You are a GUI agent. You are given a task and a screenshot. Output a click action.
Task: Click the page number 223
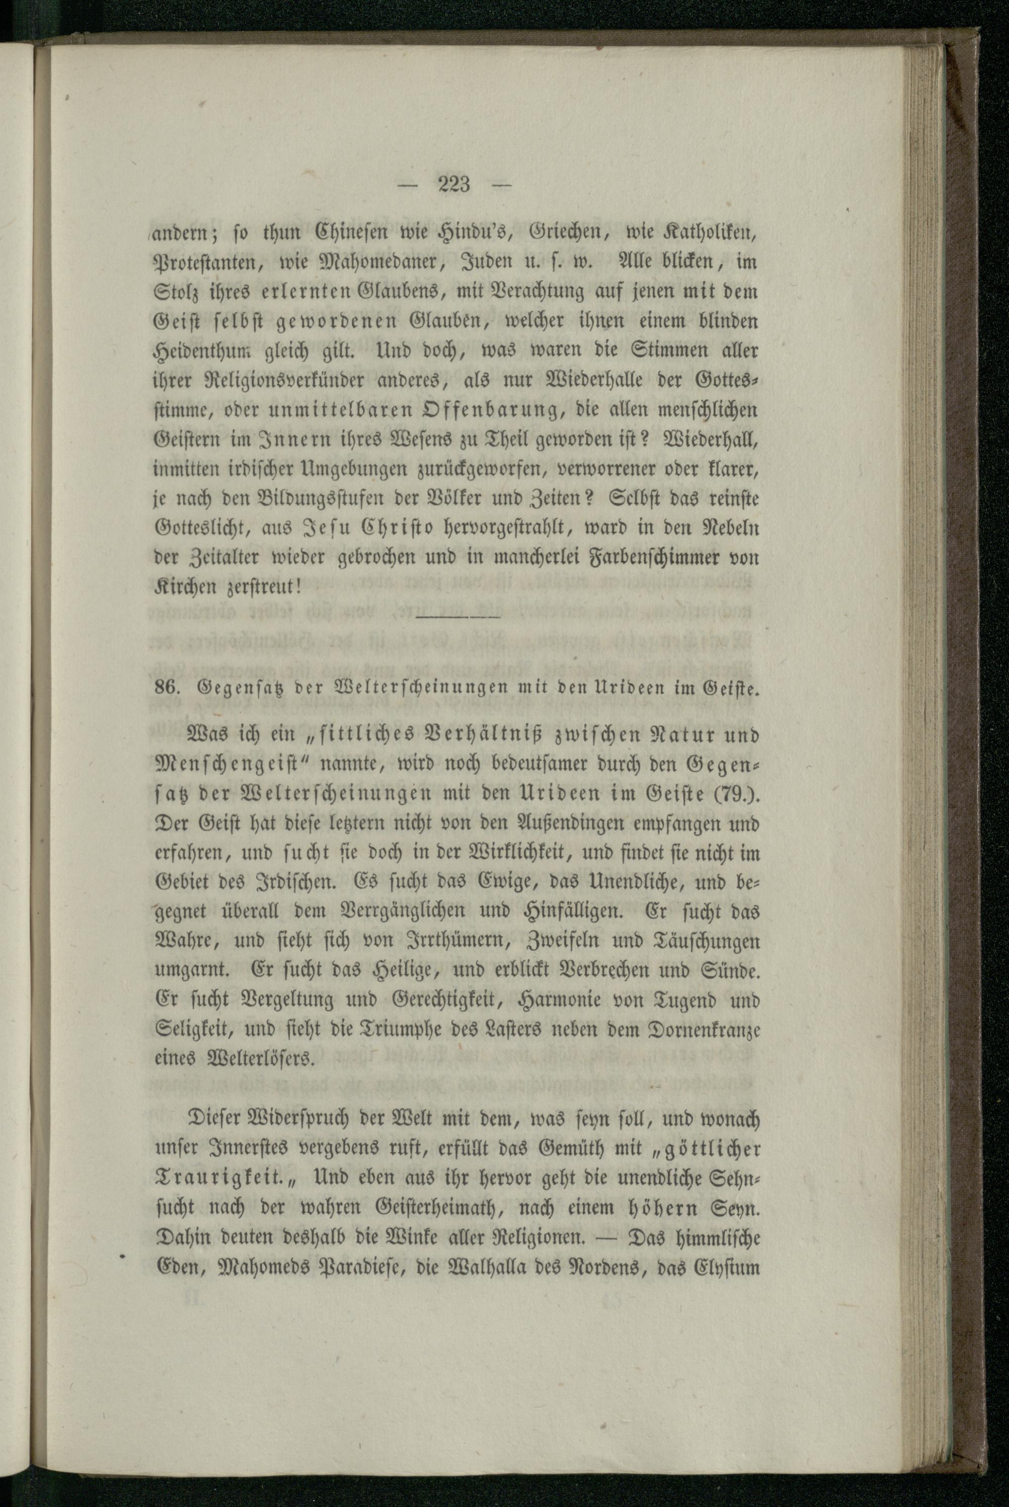pyautogui.click(x=455, y=185)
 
